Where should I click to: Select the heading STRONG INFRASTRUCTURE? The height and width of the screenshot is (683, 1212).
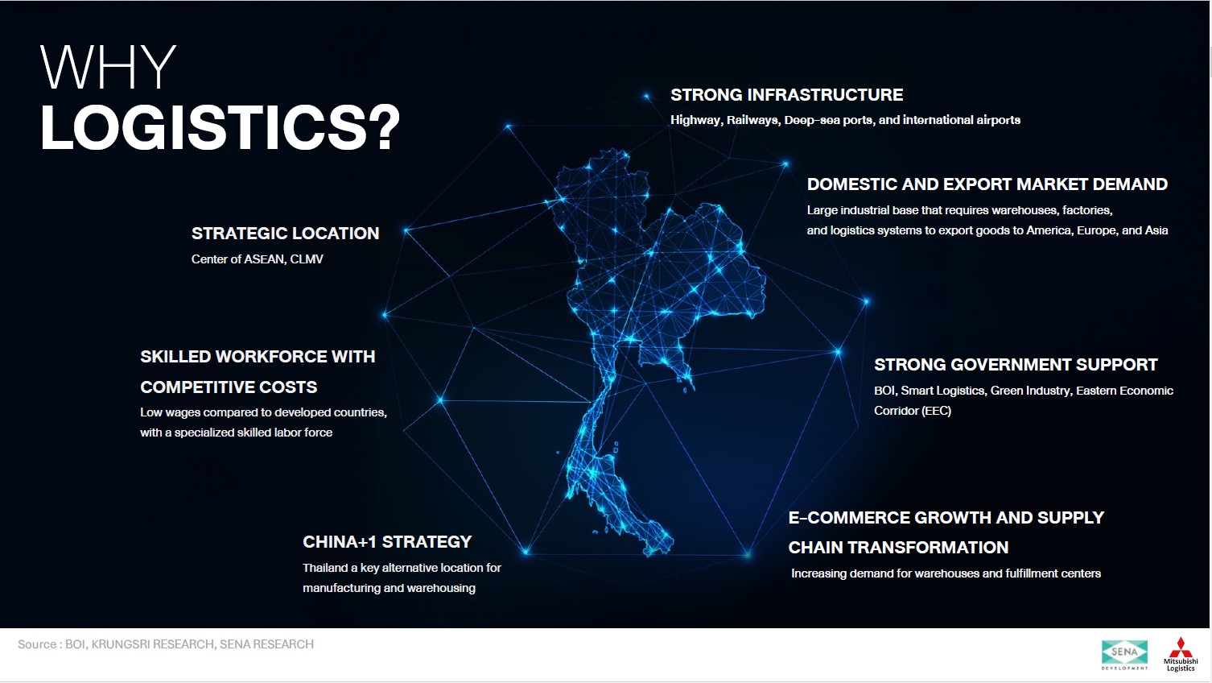787,95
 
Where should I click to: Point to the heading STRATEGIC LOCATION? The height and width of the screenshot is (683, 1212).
285,234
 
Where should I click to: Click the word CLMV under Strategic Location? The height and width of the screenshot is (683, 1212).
307,259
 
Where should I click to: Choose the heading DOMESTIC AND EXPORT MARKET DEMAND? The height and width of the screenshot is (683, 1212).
987,184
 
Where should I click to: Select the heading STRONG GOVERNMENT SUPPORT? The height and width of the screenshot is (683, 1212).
1016,365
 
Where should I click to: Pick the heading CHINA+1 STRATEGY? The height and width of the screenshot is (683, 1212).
387,541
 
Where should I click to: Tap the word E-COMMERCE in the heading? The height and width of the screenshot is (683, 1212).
847,518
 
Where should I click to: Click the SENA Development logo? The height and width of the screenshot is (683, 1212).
1124,655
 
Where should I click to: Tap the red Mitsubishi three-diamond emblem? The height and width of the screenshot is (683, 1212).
1181,647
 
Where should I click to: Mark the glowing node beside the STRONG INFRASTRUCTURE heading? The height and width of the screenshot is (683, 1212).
646,97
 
